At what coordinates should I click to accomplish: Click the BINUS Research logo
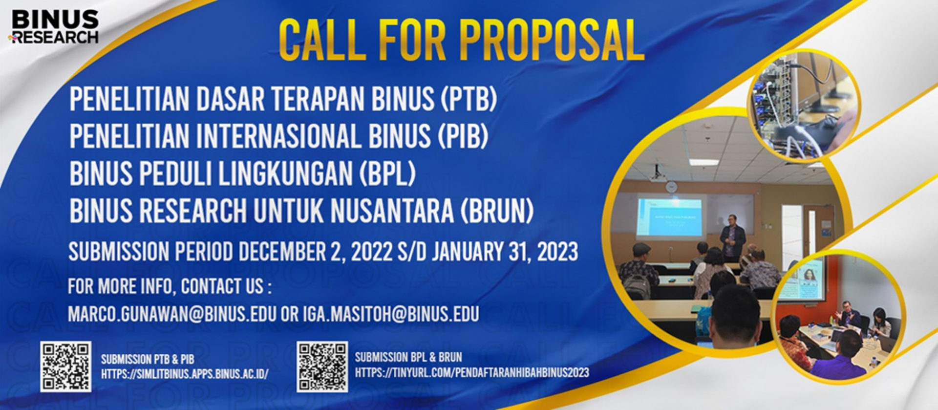(x=54, y=27)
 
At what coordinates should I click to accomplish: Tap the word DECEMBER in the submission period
(x=282, y=252)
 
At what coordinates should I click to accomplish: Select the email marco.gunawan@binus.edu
(x=172, y=314)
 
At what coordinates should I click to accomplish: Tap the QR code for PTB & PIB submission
(x=65, y=367)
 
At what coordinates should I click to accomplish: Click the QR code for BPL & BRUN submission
(x=322, y=367)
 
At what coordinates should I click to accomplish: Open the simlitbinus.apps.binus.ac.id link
(x=185, y=374)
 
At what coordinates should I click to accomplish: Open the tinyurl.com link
(x=472, y=372)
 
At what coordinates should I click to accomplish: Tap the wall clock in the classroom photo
(x=672, y=186)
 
